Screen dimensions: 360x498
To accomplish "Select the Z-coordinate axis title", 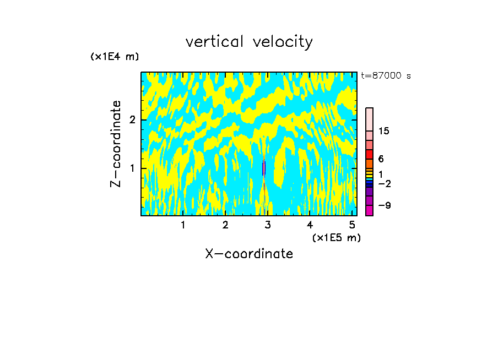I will pyautogui.click(x=116, y=144).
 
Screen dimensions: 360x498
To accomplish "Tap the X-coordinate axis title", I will pyautogui.click(x=249, y=254).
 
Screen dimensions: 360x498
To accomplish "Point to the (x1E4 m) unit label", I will pyautogui.click(x=115, y=57).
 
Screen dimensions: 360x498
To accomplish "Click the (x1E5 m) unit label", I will pyautogui.click(x=336, y=237).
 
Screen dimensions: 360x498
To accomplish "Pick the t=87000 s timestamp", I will pyautogui.click(x=386, y=76).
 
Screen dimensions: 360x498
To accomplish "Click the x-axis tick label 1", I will pyautogui.click(x=183, y=225).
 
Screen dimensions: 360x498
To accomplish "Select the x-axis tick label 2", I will pyautogui.click(x=225, y=225).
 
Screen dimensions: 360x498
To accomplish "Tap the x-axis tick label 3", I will pyautogui.click(x=268, y=225).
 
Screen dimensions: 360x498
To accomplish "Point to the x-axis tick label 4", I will pyautogui.click(x=310, y=225).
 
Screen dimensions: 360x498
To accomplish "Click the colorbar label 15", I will pyautogui.click(x=384, y=131).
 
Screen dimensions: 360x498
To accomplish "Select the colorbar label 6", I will pyautogui.click(x=381, y=159).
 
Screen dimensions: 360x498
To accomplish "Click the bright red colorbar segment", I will pyautogui.click(x=369, y=154).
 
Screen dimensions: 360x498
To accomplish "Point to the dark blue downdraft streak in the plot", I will pyautogui.click(x=263, y=168).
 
